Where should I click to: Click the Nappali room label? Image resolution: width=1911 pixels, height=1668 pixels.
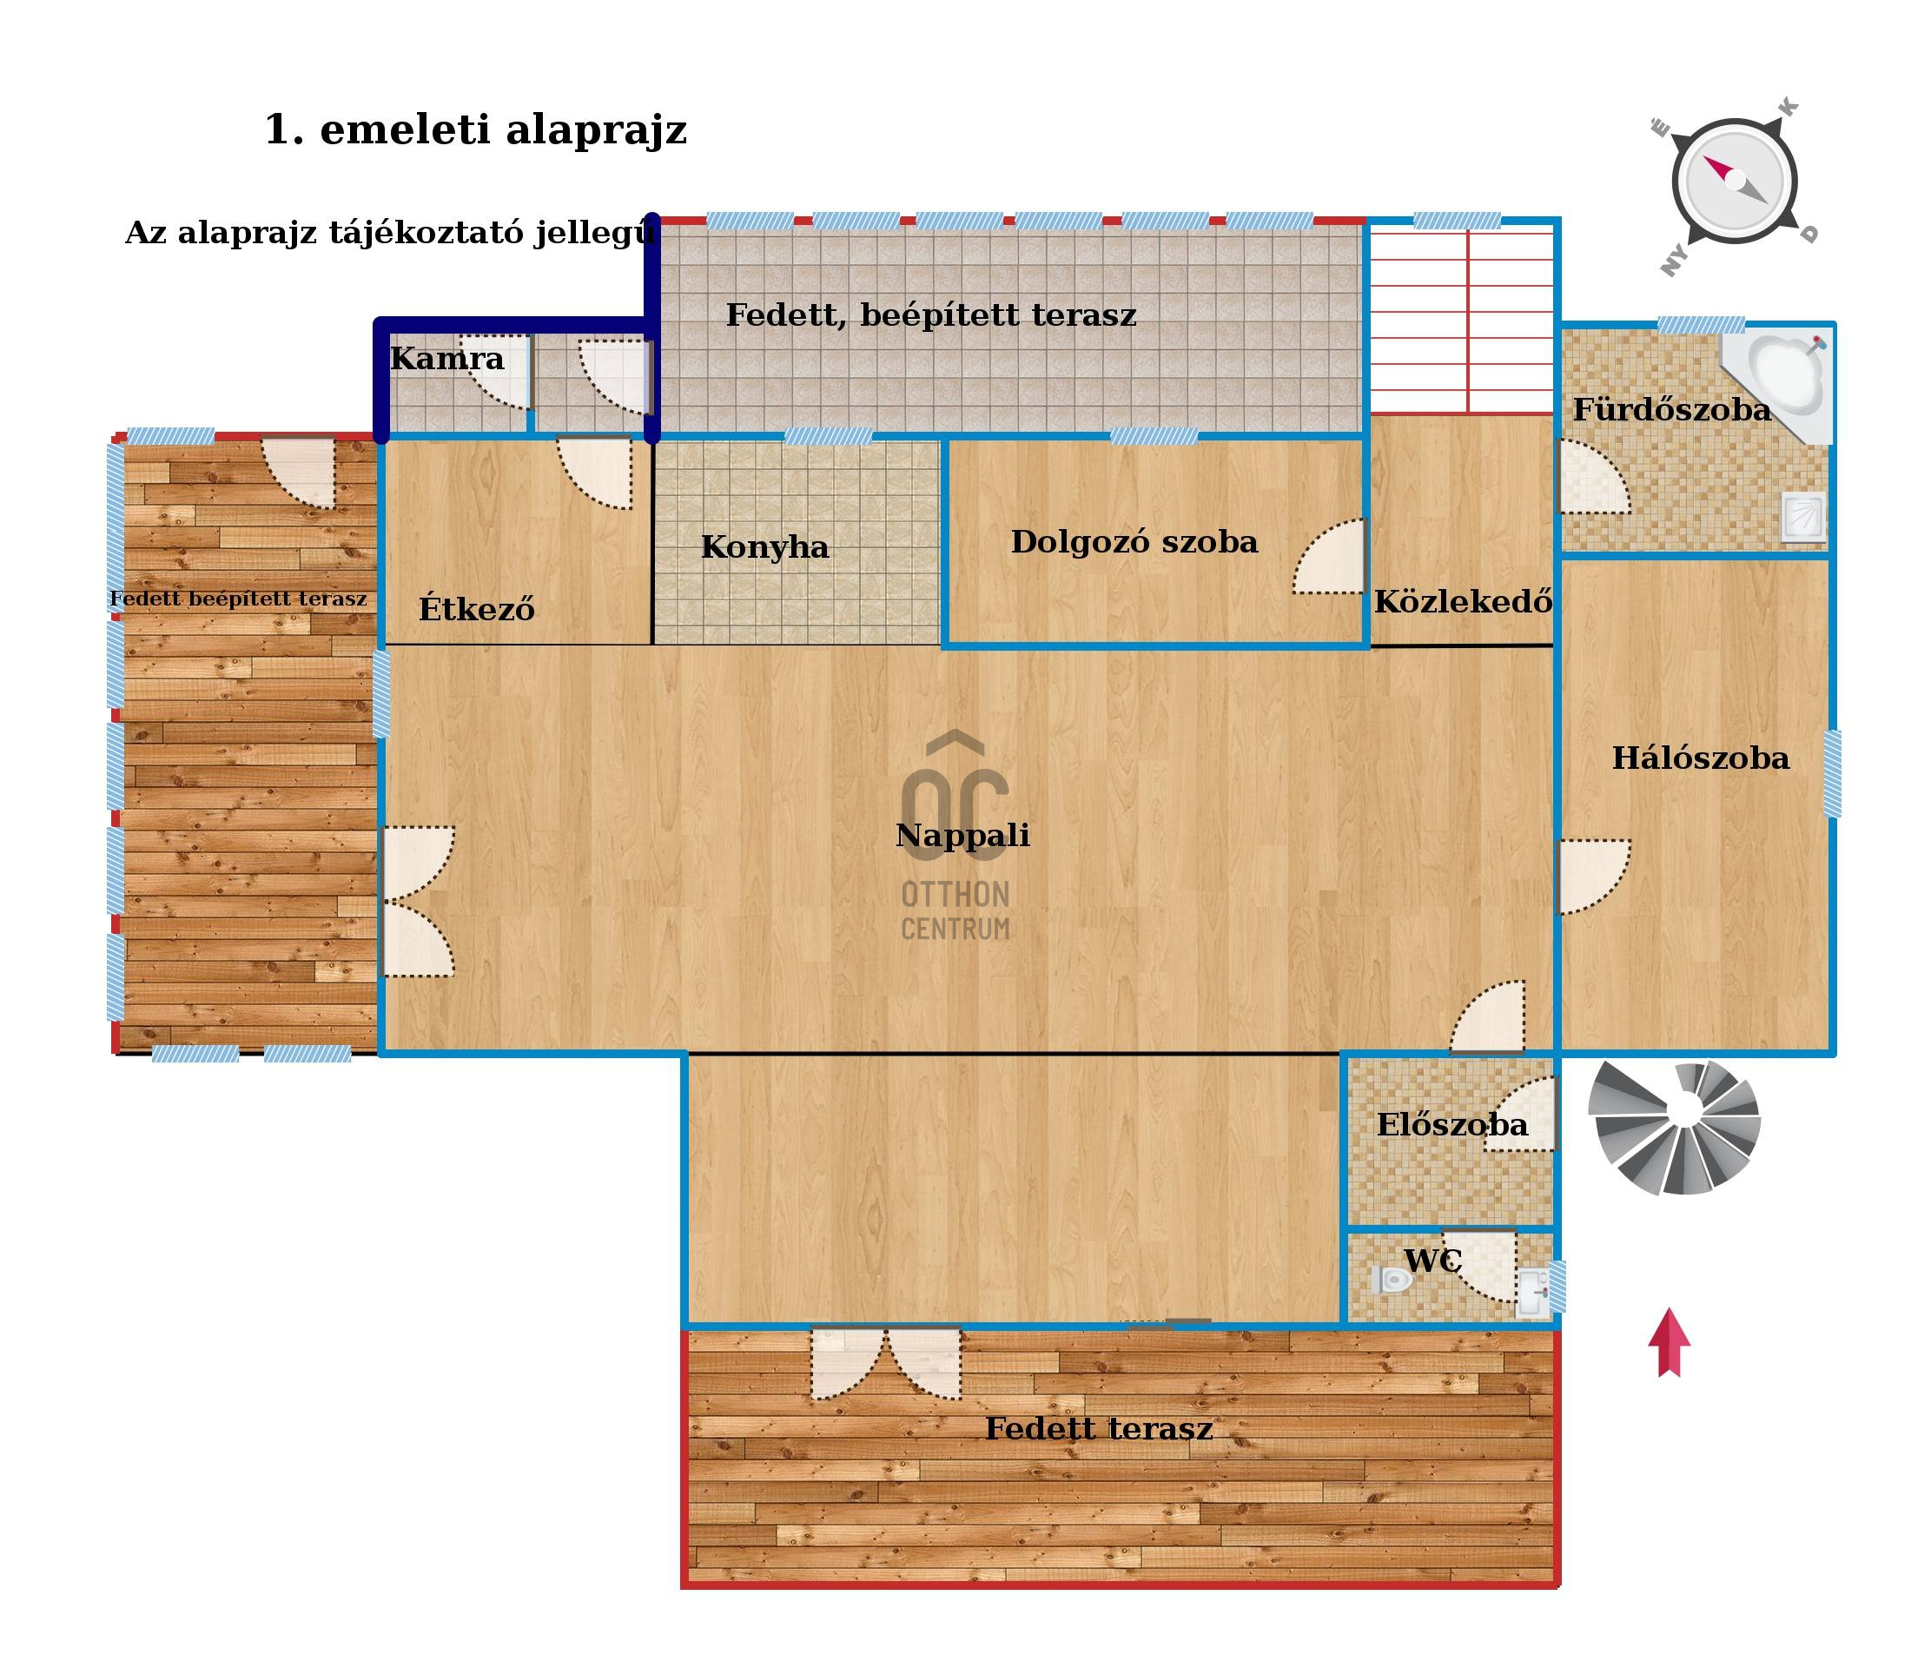point(962,836)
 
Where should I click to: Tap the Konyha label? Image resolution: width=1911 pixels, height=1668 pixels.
point(764,547)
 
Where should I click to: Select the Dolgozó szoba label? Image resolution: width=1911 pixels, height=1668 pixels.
point(1134,542)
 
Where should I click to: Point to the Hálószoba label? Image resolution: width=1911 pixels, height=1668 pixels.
point(1700,758)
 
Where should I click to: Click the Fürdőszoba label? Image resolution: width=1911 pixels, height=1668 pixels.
point(1672,409)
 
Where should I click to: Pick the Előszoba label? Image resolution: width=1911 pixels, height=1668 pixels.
point(1452,1124)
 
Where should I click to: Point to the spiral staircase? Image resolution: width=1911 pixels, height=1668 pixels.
point(1674,1129)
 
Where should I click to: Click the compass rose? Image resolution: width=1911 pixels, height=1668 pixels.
point(1734,182)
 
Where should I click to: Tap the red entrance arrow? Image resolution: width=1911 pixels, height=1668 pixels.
point(1669,1342)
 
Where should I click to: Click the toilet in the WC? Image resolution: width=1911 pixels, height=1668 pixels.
point(1392,1280)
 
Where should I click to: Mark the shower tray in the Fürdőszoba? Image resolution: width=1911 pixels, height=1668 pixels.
point(1803,518)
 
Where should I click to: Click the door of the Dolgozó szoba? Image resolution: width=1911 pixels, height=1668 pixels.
point(1328,556)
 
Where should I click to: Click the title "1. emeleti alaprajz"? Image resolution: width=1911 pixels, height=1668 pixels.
point(476,129)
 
